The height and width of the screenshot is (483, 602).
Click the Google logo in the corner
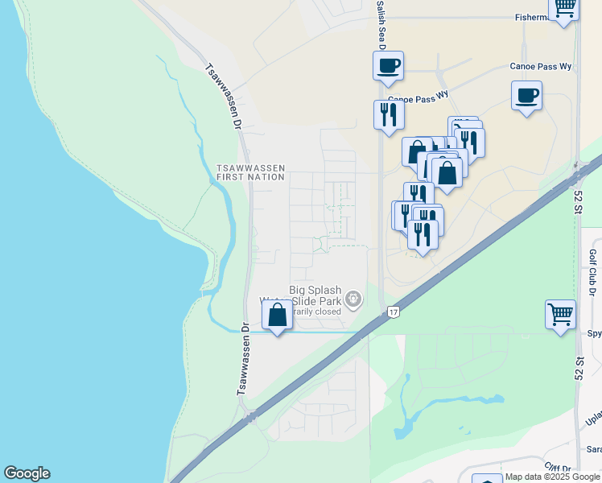pos(27,473)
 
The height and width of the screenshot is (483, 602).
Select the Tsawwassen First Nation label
pos(251,172)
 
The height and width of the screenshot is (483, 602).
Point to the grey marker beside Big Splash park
pos(353,300)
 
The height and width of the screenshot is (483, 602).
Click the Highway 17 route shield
pos(393,311)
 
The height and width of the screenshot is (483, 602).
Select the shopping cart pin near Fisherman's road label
pos(564,8)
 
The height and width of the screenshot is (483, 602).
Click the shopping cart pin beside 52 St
pos(560,313)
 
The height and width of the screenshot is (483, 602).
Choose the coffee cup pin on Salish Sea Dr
pos(388,65)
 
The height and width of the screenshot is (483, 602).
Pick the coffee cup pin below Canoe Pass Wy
pos(526,95)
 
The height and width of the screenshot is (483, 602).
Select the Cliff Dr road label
pos(558,468)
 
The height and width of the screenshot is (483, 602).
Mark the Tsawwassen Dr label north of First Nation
pos(224,97)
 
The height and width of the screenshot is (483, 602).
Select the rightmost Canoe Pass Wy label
pos(541,66)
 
